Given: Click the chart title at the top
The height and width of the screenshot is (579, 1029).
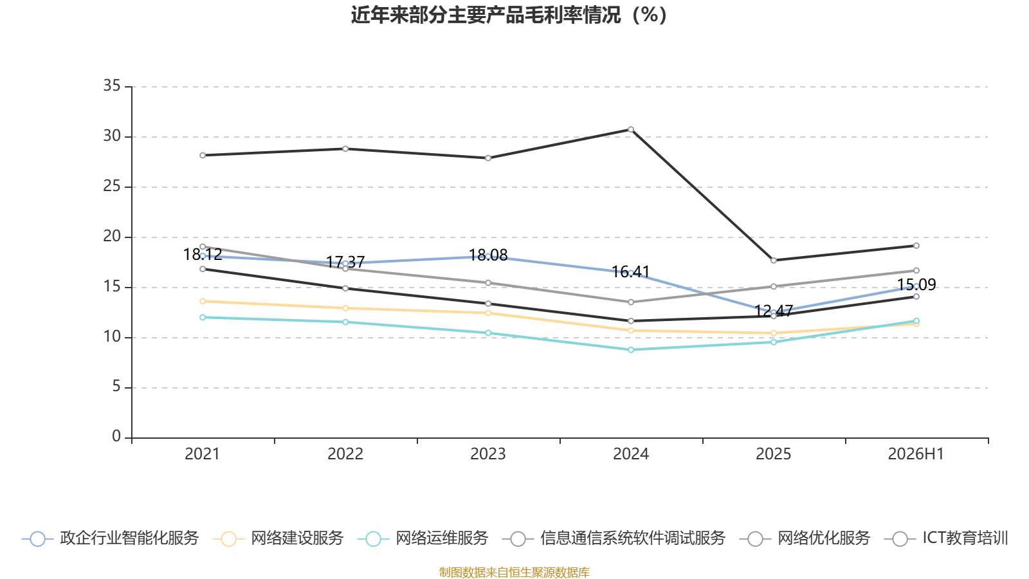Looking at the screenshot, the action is pos(509,15).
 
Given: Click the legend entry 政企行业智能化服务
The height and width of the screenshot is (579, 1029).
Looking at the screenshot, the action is pos(110,538).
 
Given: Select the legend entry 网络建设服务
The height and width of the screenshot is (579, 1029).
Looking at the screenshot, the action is pos(278,538).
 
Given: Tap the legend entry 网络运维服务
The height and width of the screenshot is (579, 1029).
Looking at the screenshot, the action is pos(423,538).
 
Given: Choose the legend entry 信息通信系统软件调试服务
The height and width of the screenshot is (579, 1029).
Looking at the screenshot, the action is pos(614,538).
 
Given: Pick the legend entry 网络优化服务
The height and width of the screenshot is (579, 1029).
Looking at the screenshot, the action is pos(805,538).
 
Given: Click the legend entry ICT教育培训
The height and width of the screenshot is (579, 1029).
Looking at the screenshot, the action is pos(946,538).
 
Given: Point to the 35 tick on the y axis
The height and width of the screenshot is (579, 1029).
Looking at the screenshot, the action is pos(112,86).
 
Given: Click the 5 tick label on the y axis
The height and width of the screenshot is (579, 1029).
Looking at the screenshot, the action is pos(116,387).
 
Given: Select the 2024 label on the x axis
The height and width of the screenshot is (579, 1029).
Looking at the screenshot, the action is pos(631,454).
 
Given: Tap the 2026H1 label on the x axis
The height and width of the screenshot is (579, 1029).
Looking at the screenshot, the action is pos(916,454).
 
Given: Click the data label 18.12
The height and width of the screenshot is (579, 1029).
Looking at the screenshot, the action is pos(203,255).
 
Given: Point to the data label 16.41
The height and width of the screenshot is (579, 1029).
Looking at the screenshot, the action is pos(631,272).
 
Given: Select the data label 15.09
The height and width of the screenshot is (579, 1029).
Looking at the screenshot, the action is pos(916,285).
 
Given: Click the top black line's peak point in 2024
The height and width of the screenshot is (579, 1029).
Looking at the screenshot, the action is pos(631,129).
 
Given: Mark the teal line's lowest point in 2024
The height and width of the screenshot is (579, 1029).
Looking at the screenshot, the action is pos(631,350).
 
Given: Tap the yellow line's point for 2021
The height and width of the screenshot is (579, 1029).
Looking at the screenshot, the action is pos(203,302).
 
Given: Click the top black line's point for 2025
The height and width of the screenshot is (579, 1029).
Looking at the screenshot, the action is pos(774,261).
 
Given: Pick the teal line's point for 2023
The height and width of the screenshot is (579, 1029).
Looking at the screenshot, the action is pos(488,333).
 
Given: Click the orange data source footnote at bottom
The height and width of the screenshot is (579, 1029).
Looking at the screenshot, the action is pos(514,572).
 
